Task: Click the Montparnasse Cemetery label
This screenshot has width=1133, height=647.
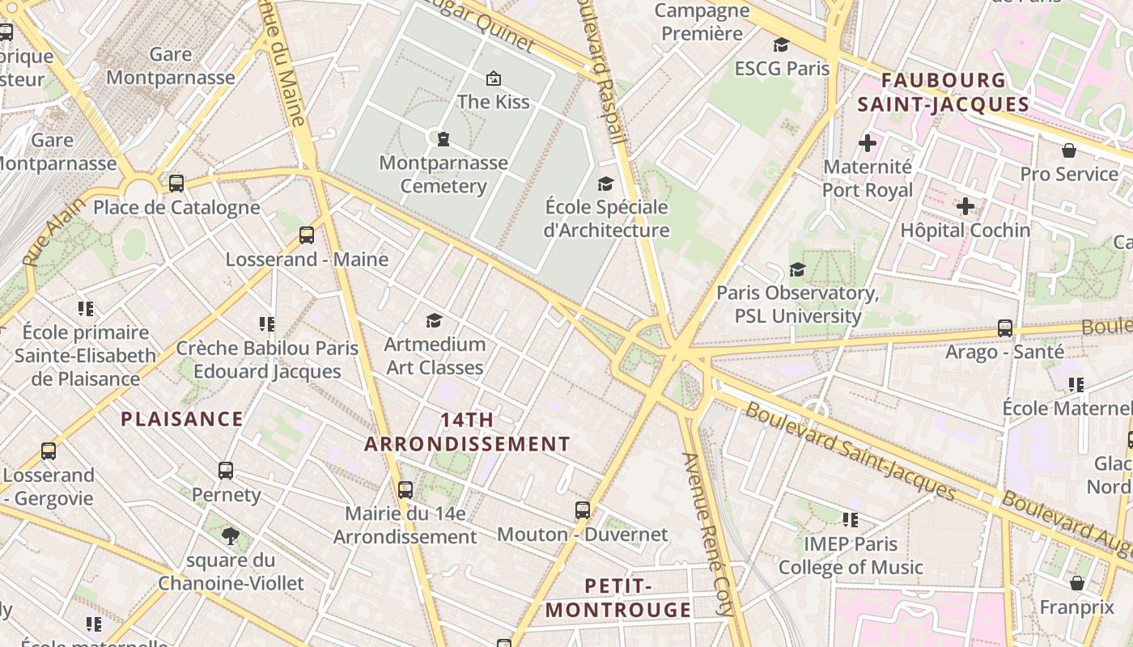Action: (x=443, y=174)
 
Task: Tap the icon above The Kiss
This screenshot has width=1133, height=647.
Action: (x=493, y=78)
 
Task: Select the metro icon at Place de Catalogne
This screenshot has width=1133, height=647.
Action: (x=176, y=183)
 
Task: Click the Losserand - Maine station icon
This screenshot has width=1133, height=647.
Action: (x=307, y=235)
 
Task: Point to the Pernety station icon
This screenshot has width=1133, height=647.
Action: (x=226, y=470)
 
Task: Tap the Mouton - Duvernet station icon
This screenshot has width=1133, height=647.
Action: (x=583, y=510)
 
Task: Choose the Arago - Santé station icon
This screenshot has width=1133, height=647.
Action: (x=1005, y=328)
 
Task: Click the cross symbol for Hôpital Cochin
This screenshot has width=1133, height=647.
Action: (x=965, y=206)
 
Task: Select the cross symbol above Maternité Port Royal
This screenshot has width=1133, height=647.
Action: (x=868, y=143)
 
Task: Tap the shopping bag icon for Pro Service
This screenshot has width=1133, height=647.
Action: (x=1069, y=150)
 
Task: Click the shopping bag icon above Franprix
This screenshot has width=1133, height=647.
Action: (x=1077, y=583)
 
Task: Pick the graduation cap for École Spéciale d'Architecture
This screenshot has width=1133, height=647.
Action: (x=605, y=184)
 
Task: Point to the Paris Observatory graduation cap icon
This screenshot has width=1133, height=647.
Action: (x=797, y=269)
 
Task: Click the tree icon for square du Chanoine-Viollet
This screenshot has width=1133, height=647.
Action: (x=231, y=535)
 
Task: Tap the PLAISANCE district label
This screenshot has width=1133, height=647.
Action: (x=182, y=419)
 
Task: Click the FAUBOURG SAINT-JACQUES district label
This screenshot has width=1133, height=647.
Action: (x=944, y=92)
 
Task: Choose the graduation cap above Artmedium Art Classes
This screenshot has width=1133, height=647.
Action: (x=434, y=320)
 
